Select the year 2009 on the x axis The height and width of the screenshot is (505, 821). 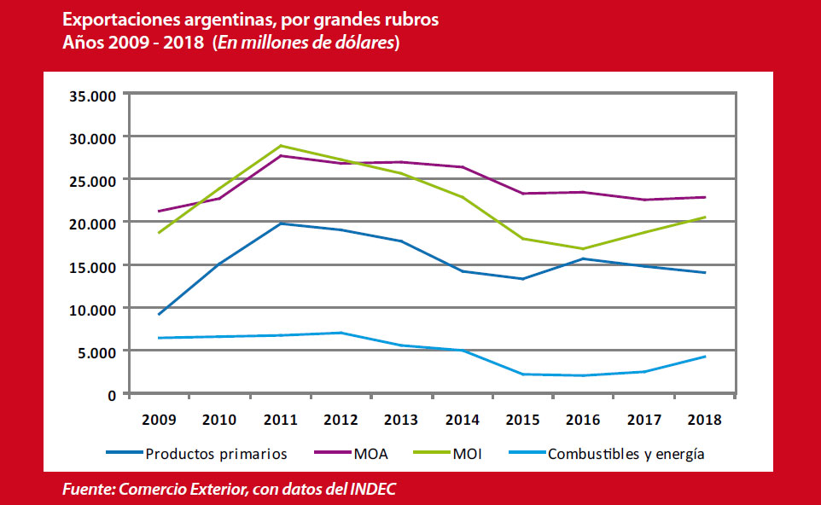tap(159, 420)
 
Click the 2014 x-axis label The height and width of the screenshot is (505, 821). tap(462, 420)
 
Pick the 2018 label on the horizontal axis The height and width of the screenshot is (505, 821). tap(704, 420)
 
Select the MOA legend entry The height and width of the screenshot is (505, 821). tap(370, 453)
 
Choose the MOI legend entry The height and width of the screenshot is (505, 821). tap(469, 453)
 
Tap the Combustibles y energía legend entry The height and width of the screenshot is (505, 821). tap(626, 453)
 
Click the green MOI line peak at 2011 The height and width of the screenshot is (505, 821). tap(281, 146)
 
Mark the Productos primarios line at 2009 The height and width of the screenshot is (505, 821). tap(160, 314)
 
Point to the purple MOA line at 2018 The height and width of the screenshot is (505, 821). tap(704, 197)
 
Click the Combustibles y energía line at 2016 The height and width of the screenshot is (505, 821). tap(583, 375)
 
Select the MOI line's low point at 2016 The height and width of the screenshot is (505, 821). tap(583, 249)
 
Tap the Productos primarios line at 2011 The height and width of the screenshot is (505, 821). tap(281, 223)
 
